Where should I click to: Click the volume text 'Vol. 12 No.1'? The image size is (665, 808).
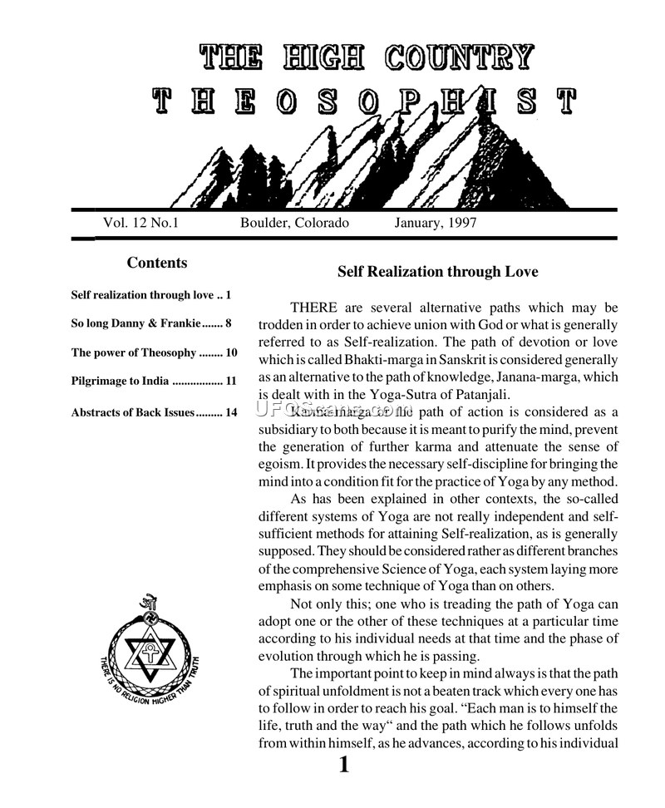click(x=141, y=223)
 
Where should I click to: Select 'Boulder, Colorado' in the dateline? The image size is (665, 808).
click(x=294, y=223)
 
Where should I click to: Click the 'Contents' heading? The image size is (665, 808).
click(x=156, y=264)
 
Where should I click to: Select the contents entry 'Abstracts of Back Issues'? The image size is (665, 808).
click(x=133, y=411)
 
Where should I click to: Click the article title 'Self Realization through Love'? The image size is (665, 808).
click(x=437, y=272)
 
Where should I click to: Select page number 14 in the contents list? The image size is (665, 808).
click(x=231, y=411)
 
